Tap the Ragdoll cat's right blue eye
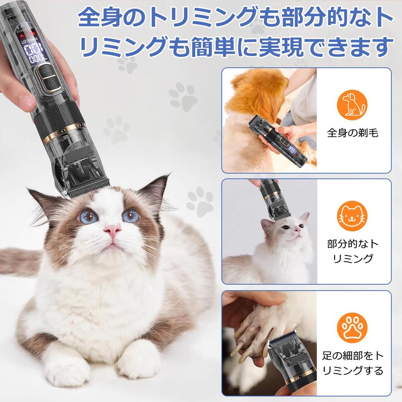tap(130, 216)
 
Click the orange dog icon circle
tap(352, 105)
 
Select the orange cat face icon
tap(352, 216)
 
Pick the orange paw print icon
tap(352, 328)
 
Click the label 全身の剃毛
tap(353, 133)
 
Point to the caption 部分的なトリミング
tap(353, 251)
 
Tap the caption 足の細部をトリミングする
tap(353, 363)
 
